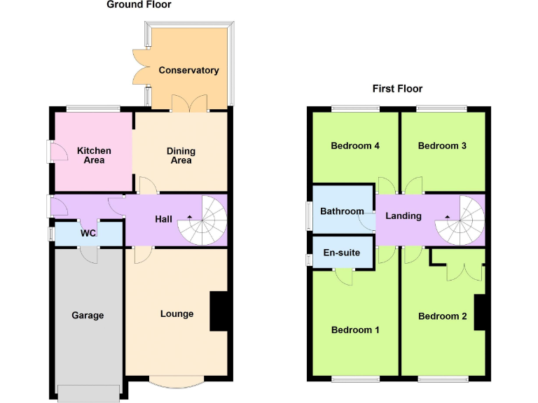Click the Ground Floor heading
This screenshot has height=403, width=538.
pyautogui.click(x=139, y=5)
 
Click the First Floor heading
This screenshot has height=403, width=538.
pyautogui.click(x=397, y=89)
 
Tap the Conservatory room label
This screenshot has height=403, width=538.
pyautogui.click(x=188, y=70)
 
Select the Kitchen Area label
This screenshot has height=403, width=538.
pyautogui.click(x=94, y=155)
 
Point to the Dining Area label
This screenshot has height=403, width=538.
pyautogui.click(x=181, y=155)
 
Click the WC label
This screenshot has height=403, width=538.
pyautogui.click(x=88, y=233)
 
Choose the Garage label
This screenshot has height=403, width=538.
pyautogui.click(x=88, y=316)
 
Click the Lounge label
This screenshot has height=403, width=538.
pyautogui.click(x=177, y=313)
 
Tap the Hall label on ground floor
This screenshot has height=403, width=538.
pyautogui.click(x=163, y=219)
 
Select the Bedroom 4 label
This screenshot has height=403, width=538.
pyautogui.click(x=355, y=146)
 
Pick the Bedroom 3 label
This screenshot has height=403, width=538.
pyautogui.click(x=442, y=146)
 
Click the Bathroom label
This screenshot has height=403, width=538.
pyautogui.click(x=342, y=211)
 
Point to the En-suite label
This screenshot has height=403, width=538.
pyautogui.click(x=341, y=253)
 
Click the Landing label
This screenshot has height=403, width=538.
pyautogui.click(x=403, y=215)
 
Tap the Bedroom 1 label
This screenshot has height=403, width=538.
pyautogui.click(x=355, y=330)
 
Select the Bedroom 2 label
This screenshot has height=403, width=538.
pyautogui.click(x=442, y=316)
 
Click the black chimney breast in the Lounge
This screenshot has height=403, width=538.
pyautogui.click(x=219, y=310)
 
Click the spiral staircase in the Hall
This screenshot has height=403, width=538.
pyautogui.click(x=203, y=220)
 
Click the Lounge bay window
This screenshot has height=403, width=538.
pyautogui.click(x=177, y=381)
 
